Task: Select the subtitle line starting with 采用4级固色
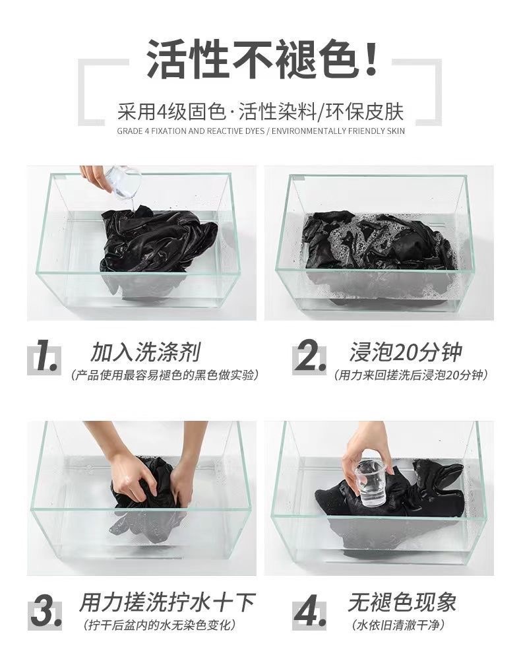260,111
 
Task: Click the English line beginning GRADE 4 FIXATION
261,131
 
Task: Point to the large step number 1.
46,357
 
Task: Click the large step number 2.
309,357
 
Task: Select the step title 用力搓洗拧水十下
167,602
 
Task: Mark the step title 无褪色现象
402,602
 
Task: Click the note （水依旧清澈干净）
398,625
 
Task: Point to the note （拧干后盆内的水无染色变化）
158,625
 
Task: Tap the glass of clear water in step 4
371,482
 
